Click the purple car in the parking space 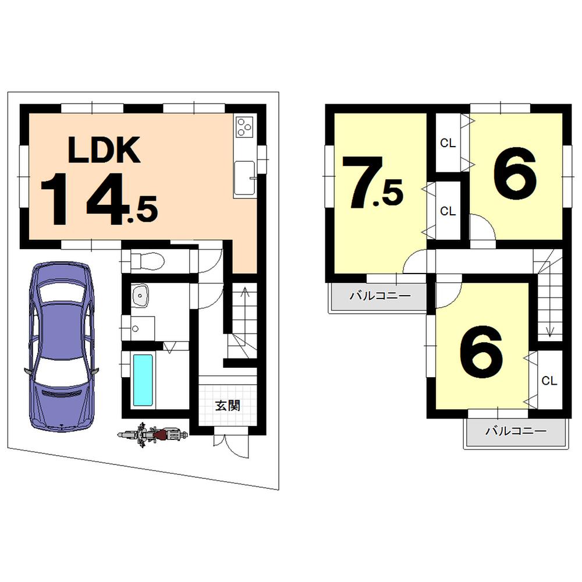[x=61, y=346]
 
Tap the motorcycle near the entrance [x=153, y=435]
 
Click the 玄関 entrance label [x=228, y=406]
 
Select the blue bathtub [x=143, y=379]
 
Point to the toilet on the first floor [x=145, y=260]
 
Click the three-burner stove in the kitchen [x=244, y=126]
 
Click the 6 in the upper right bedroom [x=514, y=174]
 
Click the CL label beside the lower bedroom [x=549, y=381]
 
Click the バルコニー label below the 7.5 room [x=380, y=296]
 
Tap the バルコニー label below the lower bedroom [x=516, y=431]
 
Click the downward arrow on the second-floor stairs [x=549, y=332]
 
